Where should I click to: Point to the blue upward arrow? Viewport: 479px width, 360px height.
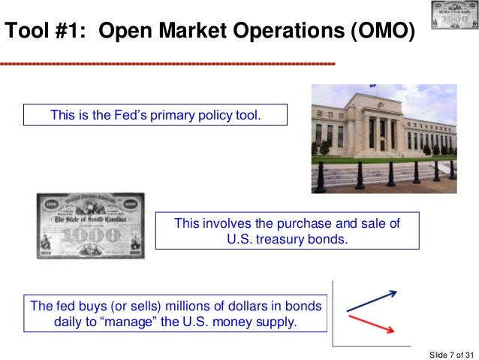(x=371, y=298)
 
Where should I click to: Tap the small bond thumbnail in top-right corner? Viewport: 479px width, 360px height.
(x=452, y=16)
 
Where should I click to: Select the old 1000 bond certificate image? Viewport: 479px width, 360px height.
(x=90, y=225)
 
